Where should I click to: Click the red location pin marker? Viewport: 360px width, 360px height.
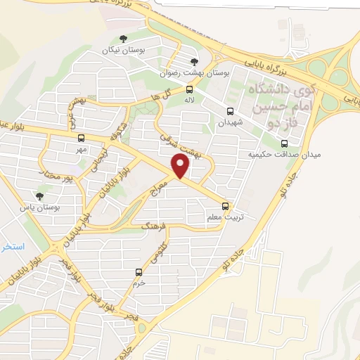click(181, 166)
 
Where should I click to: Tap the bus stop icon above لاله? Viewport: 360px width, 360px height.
click(190, 89)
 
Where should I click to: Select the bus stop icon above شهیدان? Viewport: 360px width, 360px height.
click(230, 111)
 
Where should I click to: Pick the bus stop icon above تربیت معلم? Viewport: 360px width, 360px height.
click(226, 206)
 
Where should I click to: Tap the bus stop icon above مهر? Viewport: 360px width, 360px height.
click(81, 138)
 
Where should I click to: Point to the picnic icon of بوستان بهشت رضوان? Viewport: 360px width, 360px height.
click(194, 61)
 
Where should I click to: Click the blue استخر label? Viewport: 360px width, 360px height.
click(13, 247)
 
